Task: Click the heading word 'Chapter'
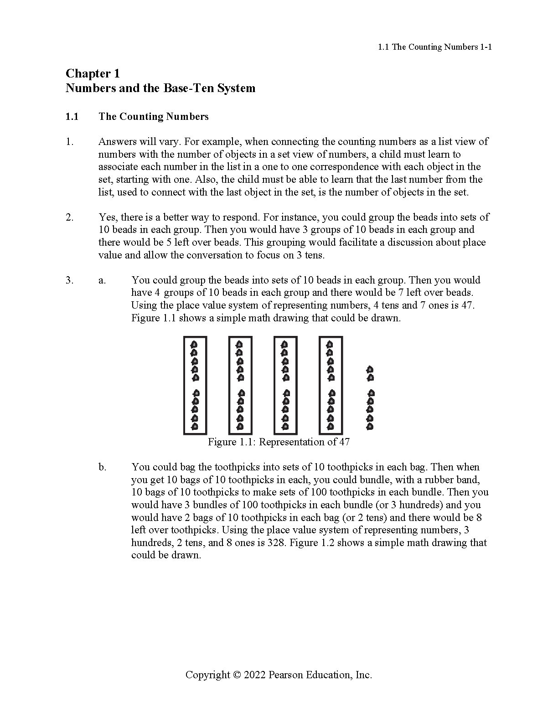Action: (88, 73)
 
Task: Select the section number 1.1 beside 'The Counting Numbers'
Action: (72, 117)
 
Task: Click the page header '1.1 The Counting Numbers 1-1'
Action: (435, 47)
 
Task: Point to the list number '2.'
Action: (69, 217)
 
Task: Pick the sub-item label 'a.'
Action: (102, 280)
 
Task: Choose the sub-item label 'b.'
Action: (103, 467)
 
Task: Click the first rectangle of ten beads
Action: (195, 385)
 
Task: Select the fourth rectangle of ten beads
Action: (331, 385)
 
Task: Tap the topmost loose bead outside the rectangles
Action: (370, 369)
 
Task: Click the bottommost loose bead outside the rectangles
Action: (370, 427)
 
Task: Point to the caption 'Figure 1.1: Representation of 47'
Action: (279, 442)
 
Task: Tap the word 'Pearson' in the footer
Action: (286, 675)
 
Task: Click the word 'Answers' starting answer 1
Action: (116, 142)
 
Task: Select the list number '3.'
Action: (69, 280)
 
